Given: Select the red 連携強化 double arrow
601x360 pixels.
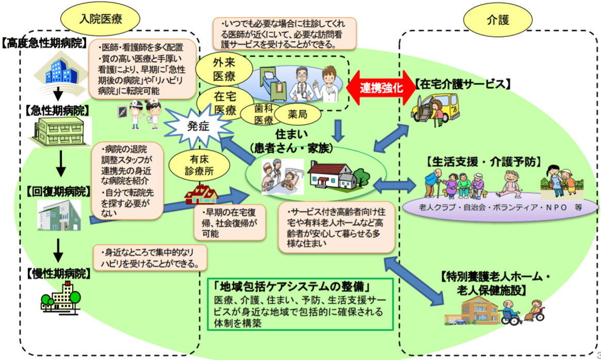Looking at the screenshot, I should [x=382, y=87].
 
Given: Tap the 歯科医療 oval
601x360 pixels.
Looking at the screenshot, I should [x=264, y=114].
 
